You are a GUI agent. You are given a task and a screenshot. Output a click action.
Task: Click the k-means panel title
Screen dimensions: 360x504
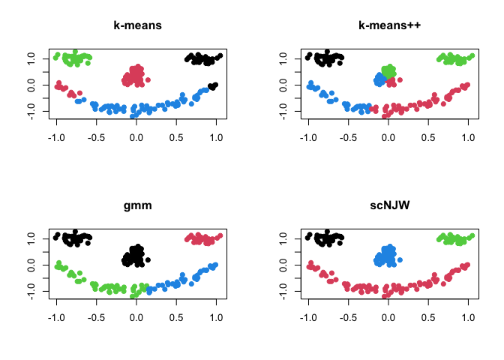coord(136,25)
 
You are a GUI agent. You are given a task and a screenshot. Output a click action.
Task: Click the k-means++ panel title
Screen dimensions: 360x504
coord(388,25)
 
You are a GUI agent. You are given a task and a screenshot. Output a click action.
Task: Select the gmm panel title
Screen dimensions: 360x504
coord(136,205)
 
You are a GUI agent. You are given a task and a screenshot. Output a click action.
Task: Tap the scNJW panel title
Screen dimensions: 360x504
coord(388,205)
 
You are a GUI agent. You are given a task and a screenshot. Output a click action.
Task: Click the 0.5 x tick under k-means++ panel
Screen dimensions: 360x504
coord(429,138)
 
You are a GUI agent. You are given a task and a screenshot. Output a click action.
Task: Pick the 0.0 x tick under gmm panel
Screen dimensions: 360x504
coord(136,318)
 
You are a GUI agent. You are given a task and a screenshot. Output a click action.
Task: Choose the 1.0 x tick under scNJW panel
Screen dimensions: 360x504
coord(469,318)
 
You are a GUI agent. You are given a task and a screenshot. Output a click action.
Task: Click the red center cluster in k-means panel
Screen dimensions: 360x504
coord(135,75)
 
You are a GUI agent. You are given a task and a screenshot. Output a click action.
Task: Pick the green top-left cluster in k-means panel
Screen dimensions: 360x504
coord(75,58)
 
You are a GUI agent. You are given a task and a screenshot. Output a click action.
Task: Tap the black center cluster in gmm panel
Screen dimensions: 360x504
coord(135,256)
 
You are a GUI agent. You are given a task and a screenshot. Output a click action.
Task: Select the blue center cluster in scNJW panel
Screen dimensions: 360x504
coord(387,256)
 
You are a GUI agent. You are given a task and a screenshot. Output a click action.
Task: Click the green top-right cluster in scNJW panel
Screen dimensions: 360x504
coord(454,238)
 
